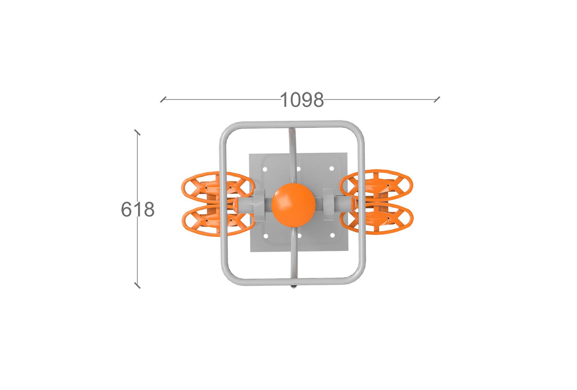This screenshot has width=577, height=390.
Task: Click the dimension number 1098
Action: tap(302, 100)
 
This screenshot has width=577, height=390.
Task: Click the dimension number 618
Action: tap(138, 209)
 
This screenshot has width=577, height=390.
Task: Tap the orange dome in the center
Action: tap(294, 205)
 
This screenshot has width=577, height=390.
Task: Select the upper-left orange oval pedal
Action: tap(218, 187)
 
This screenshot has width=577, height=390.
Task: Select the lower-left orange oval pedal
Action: tap(219, 221)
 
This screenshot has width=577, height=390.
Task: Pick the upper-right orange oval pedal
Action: tap(376, 186)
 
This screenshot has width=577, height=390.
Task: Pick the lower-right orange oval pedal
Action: tap(376, 218)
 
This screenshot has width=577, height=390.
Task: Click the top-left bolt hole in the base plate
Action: tap(265, 169)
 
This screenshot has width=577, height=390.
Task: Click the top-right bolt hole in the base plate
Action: tap(332, 168)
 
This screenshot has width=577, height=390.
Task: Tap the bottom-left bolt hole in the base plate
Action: tap(266, 236)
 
